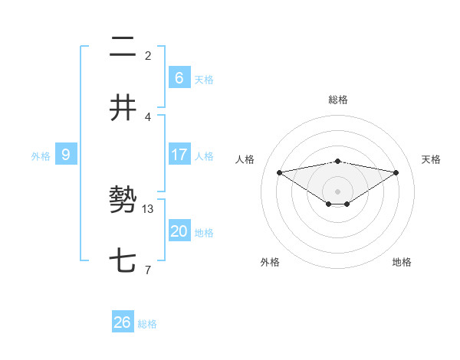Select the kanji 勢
point(123,201)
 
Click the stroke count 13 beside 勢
point(149,208)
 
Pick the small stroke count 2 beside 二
point(148,55)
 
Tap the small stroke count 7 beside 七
point(147,270)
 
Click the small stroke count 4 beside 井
point(148,116)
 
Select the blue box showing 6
point(179,77)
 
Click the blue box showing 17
point(179,155)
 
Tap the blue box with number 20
point(179,231)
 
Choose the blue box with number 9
point(66,155)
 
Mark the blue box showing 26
point(123,322)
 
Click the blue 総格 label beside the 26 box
point(147,324)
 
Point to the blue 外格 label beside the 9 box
point(41,156)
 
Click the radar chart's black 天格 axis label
point(431,159)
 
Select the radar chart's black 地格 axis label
point(402,262)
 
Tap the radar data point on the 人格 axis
point(280,172)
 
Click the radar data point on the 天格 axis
point(396,172)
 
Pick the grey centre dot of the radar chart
point(338,191)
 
